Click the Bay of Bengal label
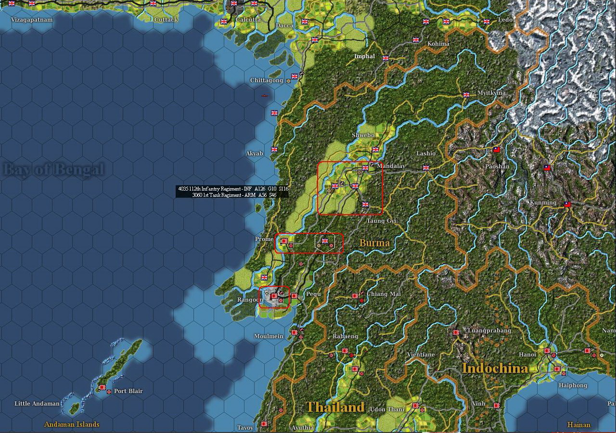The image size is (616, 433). (53, 169)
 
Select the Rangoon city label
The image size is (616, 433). (250, 300)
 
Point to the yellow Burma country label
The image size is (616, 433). (374, 243)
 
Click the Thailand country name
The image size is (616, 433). (335, 407)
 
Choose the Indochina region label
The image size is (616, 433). (495, 368)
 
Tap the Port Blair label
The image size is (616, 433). (128, 391)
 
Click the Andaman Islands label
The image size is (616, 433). (72, 424)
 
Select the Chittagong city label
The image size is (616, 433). (267, 80)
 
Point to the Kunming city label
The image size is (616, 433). (543, 203)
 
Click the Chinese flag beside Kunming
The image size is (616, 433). (567, 204)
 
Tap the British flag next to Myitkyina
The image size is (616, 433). (466, 95)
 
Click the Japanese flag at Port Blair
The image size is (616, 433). (102, 387)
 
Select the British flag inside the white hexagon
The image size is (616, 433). (324, 241)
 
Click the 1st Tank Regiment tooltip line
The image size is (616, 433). (234, 195)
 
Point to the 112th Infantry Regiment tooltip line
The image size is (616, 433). (233, 189)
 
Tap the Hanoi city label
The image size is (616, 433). (527, 355)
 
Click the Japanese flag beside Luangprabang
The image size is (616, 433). (456, 332)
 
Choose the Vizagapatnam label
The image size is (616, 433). (31, 20)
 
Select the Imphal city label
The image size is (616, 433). (364, 56)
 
